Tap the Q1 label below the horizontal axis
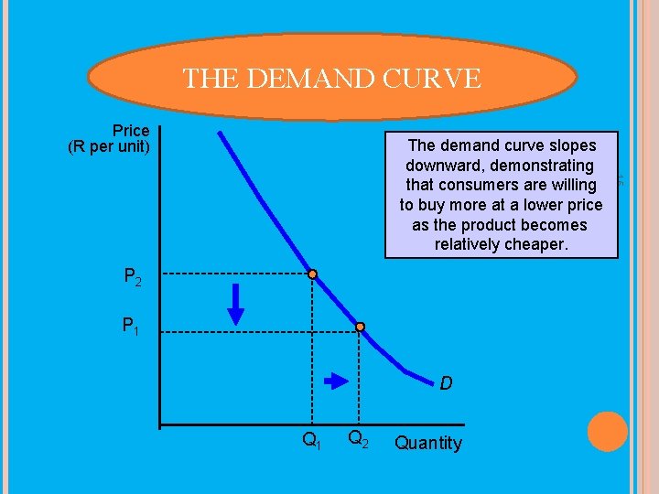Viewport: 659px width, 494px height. (x=312, y=442)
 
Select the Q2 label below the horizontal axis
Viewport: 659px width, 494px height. (x=358, y=442)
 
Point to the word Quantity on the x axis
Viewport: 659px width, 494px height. (x=427, y=444)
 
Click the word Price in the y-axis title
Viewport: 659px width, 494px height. (x=131, y=132)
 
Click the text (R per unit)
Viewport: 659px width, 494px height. (x=109, y=146)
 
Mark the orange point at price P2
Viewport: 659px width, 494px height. (x=312, y=274)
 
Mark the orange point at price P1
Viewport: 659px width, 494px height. (x=361, y=327)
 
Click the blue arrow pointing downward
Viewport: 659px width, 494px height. (x=236, y=304)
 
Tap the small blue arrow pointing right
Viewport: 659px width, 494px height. (x=338, y=380)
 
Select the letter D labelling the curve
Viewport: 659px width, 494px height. (x=445, y=383)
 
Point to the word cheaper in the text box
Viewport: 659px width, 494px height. (x=535, y=244)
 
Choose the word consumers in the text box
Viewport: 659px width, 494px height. (x=492, y=185)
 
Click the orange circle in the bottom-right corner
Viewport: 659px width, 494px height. (x=607, y=432)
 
